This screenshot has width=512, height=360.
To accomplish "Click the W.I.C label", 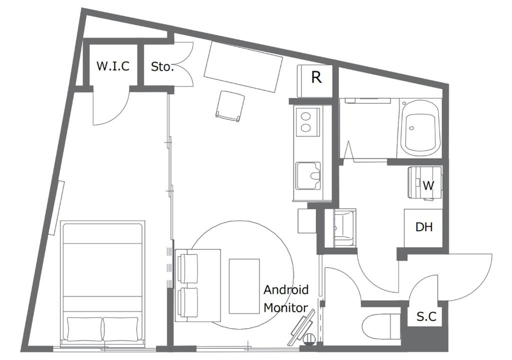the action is pos(113,66).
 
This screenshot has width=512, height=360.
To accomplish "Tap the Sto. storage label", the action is pos(162,66).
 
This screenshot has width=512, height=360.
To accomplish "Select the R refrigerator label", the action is pos(316,77).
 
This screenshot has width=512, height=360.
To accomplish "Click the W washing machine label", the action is pos(428,185).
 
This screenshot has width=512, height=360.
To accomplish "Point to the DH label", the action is pos(424,226).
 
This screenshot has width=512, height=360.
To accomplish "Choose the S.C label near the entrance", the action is pos(426,316).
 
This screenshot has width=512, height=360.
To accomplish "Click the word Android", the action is pos(286,290).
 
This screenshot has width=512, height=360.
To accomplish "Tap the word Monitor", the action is pos(285,307).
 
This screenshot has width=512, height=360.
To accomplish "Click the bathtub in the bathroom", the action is pos(420,129).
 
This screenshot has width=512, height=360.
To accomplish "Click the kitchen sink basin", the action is pos(308,176).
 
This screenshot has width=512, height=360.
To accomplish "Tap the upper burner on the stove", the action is pos(305,116).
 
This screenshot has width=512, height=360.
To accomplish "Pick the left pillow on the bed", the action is pos(84,328).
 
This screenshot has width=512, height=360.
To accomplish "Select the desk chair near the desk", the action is pos(230,106).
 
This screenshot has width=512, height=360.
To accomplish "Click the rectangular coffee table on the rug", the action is pos(244,286).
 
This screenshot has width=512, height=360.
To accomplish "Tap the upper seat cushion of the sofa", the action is pos(188,268).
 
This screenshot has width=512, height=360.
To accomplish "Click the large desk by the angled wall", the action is pos(243,66).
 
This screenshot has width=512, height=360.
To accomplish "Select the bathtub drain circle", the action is pos(412,127).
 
